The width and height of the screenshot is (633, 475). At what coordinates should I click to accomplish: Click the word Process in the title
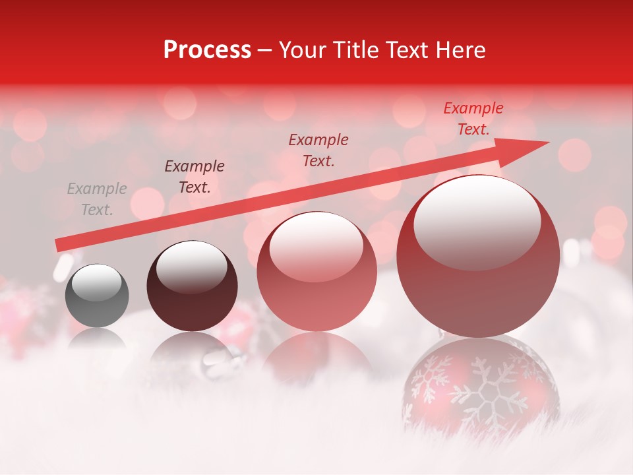[x=207, y=50]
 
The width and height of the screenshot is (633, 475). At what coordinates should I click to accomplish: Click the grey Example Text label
[x=97, y=199]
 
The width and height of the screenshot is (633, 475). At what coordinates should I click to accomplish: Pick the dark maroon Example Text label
[x=195, y=176]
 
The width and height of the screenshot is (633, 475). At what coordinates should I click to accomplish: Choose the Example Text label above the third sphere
[x=318, y=150]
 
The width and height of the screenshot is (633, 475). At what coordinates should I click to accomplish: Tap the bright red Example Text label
[x=473, y=118]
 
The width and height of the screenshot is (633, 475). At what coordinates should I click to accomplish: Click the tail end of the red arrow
[x=57, y=245]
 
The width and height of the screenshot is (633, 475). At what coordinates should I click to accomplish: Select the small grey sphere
[x=97, y=296]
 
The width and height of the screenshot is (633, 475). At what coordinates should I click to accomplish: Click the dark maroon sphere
[x=192, y=286]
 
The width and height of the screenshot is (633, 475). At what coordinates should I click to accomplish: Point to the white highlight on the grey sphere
[x=97, y=282]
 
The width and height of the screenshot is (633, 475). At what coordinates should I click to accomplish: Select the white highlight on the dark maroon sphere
[x=191, y=266]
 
